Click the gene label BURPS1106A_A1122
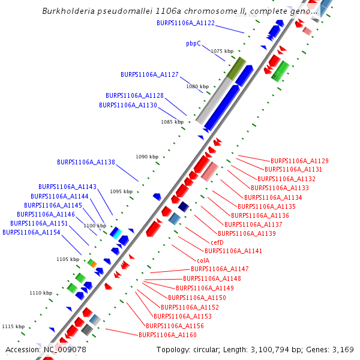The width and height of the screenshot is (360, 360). point(185,23)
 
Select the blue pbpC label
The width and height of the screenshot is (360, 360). point(193,43)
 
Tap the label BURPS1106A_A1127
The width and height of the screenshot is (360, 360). point(149,74)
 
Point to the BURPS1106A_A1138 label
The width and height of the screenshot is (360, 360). point(86,162)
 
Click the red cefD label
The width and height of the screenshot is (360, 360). point(217,242)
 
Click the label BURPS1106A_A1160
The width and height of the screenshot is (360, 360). point(167,335)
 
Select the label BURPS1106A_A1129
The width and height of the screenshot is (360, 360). point(299,161)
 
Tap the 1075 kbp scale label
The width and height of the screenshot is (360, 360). point(221,51)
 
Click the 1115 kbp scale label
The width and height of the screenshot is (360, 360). point(13,326)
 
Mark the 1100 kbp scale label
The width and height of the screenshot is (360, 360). point(95,226)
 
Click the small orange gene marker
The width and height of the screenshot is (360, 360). point(93,263)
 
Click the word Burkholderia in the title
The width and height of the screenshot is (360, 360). point(71,11)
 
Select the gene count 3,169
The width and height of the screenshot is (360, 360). point(343,349)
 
